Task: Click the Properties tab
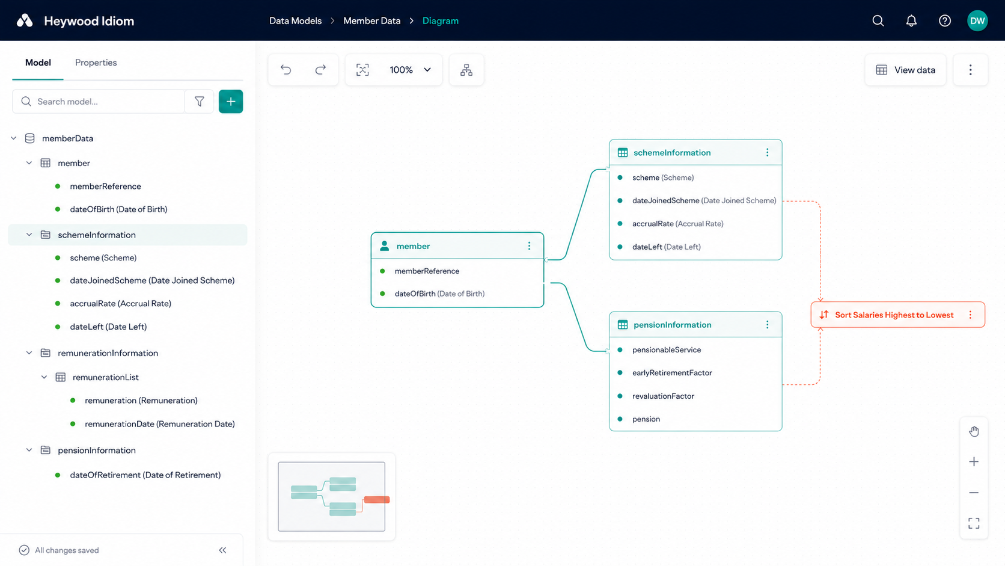[96, 63]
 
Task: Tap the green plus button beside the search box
[231, 102]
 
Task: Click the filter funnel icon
[199, 102]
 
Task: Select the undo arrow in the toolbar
[286, 70]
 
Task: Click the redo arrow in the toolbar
[320, 70]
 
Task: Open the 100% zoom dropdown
[409, 70]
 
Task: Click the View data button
[905, 70]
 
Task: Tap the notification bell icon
[911, 20]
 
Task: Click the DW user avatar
[977, 20]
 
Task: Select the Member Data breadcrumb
[372, 20]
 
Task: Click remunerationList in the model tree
[105, 377]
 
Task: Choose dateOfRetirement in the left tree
[145, 475]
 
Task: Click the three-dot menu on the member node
[529, 246]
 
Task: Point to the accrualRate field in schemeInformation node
[677, 224]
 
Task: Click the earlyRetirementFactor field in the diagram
[672, 372]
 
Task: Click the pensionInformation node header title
[672, 325]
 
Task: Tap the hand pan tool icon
[974, 431]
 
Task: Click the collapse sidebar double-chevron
[222, 550]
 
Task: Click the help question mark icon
[944, 20]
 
